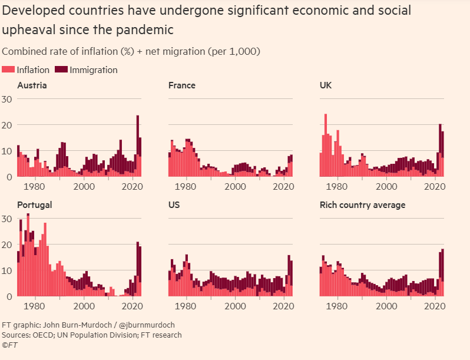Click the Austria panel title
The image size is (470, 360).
32,85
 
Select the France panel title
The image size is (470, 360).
182,85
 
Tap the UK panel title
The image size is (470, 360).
326,85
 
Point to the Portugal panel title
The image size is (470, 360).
35,205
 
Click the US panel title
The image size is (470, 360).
174,205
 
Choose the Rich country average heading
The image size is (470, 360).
362,205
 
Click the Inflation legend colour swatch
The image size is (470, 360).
9,70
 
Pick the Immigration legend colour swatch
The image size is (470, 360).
61,70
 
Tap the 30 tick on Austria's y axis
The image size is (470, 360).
7,99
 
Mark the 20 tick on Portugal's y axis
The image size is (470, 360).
7,245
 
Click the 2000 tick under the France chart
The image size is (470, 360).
235,186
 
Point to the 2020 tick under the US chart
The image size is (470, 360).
283,306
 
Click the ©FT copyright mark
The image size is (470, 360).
10,345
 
